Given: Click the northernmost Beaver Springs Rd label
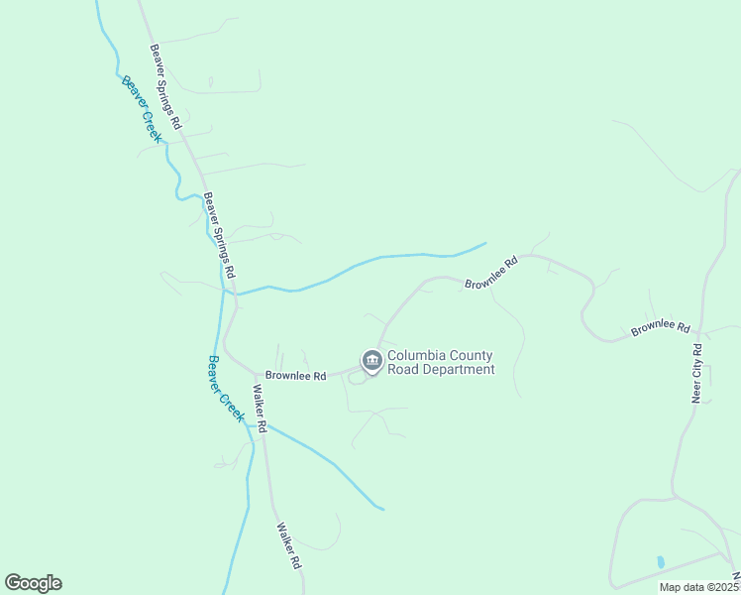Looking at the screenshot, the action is pyautogui.click(x=166, y=87).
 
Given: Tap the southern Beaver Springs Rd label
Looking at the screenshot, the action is pyautogui.click(x=219, y=234).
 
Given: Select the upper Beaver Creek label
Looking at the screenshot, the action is pyautogui.click(x=141, y=109).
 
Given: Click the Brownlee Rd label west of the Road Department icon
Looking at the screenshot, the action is pyautogui.click(x=295, y=377).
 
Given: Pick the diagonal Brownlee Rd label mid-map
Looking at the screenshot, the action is pyautogui.click(x=491, y=275).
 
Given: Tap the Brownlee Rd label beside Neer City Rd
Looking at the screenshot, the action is pyautogui.click(x=661, y=326).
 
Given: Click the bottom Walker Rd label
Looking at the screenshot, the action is pyautogui.click(x=288, y=545).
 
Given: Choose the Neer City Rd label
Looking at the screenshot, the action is pyautogui.click(x=697, y=373).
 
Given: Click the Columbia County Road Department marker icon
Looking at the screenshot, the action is pyautogui.click(x=371, y=360).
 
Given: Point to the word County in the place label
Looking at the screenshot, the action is pyautogui.click(x=472, y=356).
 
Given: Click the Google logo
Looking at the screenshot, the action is pyautogui.click(x=33, y=583).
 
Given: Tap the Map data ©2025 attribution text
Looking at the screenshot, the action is pyautogui.click(x=697, y=587).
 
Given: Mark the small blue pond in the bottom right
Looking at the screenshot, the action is pyautogui.click(x=661, y=561).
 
